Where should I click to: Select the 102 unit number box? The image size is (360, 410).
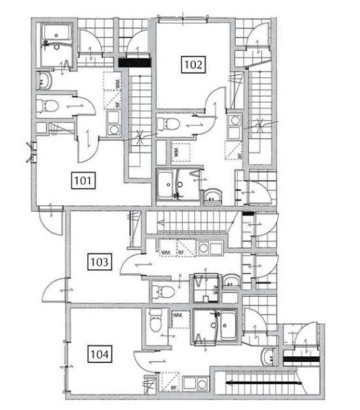[x=193, y=65]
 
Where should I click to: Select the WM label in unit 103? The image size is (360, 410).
[x=166, y=252]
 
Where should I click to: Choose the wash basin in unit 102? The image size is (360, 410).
[x=212, y=194]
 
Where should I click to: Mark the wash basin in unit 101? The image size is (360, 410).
[x=44, y=80]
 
